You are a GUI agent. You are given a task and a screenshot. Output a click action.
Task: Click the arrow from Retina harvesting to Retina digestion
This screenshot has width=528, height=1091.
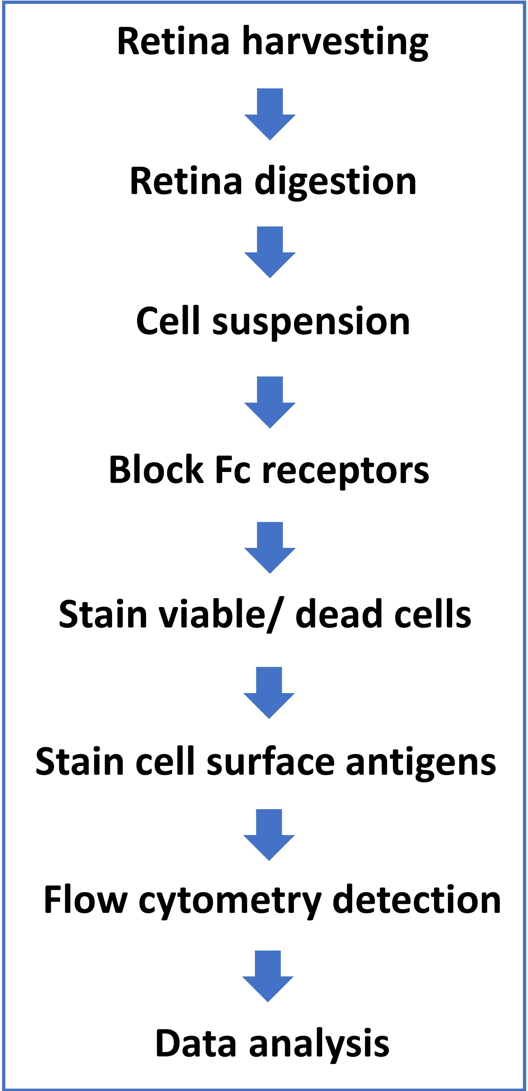pyautogui.click(x=270, y=114)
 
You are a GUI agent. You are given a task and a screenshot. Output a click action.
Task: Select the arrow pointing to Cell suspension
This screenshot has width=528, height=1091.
pyautogui.click(x=270, y=252)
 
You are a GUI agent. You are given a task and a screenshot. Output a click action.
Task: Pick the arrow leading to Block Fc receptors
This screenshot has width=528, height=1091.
pyautogui.click(x=270, y=402)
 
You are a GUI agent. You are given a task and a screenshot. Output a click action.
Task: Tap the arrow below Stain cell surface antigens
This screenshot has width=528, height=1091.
pyautogui.click(x=269, y=835)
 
